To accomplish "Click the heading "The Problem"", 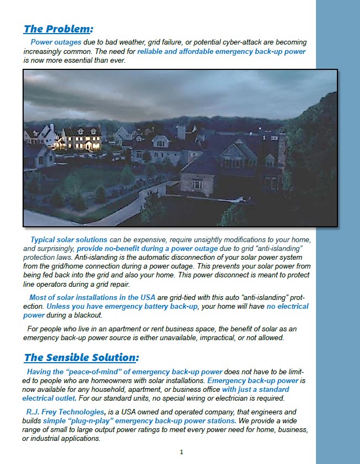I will (57, 29).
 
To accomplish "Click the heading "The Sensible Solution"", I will (81, 358).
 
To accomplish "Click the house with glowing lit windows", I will (81, 139).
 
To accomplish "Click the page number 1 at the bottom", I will (181, 452).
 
